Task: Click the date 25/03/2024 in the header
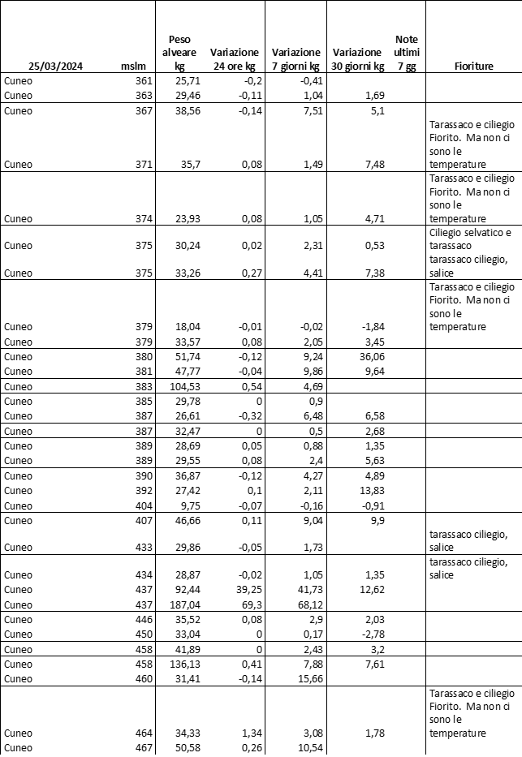(x=55, y=67)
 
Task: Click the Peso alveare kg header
(x=180, y=53)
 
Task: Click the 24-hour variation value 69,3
(x=244, y=604)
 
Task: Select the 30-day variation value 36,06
(x=369, y=356)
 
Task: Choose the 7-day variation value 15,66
(x=306, y=679)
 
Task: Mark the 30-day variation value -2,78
(x=370, y=634)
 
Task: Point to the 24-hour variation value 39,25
(x=241, y=589)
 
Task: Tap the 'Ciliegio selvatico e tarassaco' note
(x=470, y=239)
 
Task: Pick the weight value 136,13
(x=182, y=665)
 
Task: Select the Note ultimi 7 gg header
(x=406, y=53)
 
